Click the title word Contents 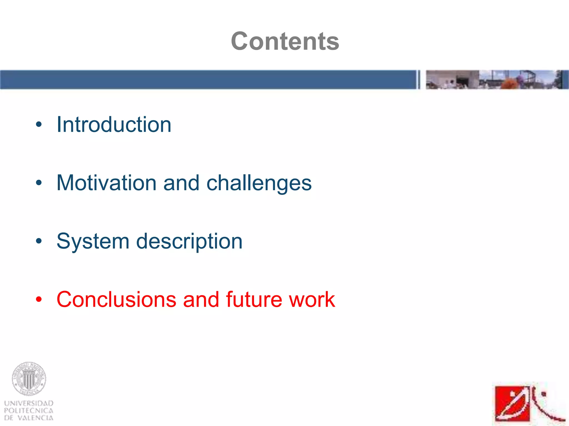tap(285, 41)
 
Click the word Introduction tap(114, 125)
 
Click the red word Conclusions tap(116, 300)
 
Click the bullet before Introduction tap(39, 125)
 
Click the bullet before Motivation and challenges tap(39, 183)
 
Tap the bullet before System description tap(39, 241)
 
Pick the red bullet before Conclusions tap(39, 299)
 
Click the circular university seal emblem tap(29, 379)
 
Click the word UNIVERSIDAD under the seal tap(29, 403)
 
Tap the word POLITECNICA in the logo tap(29, 410)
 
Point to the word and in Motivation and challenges tap(181, 183)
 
